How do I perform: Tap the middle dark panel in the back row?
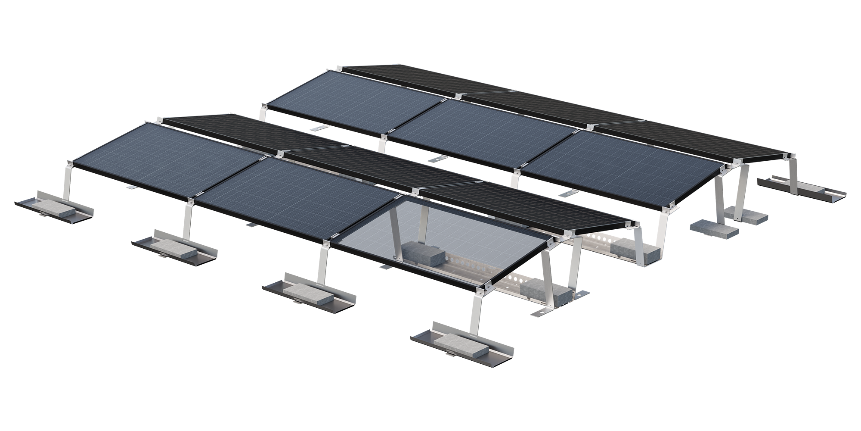547,110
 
